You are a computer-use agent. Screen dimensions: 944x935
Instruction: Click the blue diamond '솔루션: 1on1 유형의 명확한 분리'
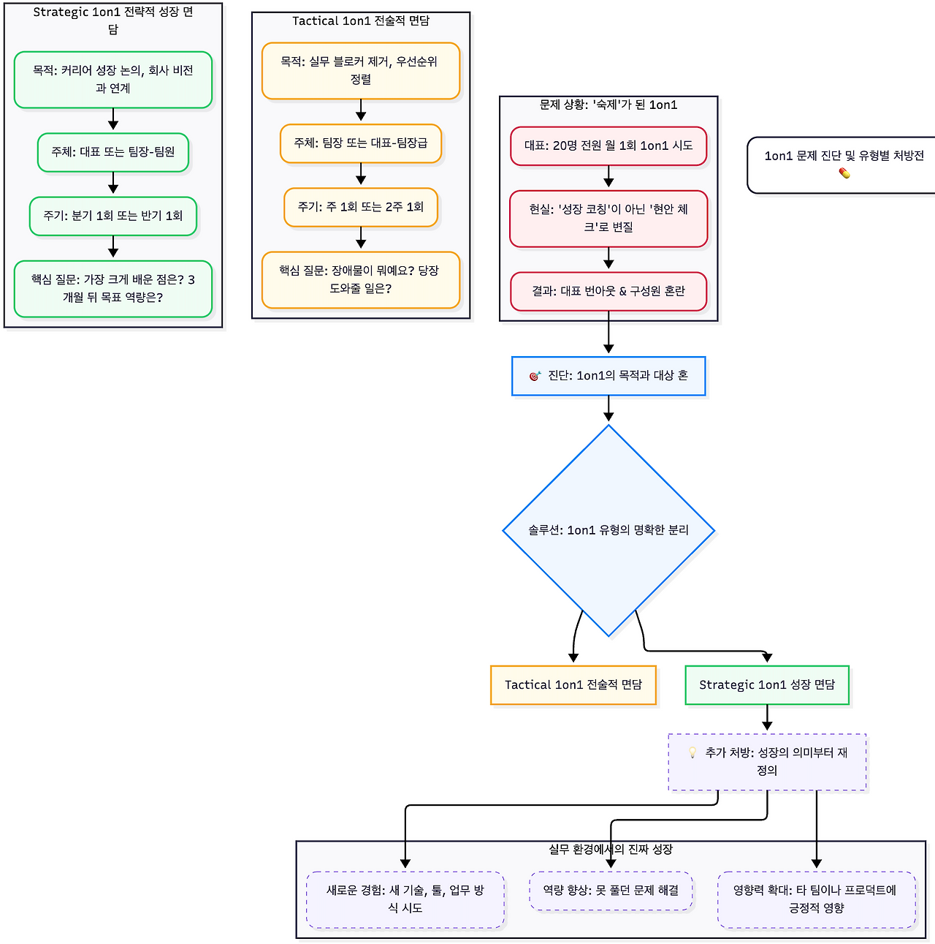coord(608,530)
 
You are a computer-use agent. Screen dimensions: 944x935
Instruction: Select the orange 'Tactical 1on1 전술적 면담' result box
coord(573,685)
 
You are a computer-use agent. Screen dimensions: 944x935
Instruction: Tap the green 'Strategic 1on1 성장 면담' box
coord(767,685)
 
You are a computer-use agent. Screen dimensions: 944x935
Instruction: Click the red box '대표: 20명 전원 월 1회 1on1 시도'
coord(608,146)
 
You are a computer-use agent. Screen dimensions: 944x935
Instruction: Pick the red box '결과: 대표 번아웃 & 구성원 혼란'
coord(608,291)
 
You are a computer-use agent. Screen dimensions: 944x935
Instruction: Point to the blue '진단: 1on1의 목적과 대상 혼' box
coord(608,376)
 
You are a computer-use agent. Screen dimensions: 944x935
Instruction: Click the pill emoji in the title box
coord(844,173)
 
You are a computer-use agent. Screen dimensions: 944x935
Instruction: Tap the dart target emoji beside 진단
coord(535,376)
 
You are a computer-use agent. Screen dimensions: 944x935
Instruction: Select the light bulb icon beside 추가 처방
coord(692,752)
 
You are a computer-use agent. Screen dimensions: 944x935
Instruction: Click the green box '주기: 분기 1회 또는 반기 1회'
coord(113,216)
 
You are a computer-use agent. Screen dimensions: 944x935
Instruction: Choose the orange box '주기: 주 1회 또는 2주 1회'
coord(361,207)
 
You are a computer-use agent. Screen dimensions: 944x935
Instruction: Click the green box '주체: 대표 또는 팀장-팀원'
coord(113,152)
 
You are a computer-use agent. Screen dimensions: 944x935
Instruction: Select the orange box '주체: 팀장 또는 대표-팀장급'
coord(361,143)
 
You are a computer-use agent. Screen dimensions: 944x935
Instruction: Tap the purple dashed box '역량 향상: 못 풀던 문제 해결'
coord(611,891)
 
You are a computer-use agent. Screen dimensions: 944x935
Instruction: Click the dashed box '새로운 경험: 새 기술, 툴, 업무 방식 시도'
coord(405,899)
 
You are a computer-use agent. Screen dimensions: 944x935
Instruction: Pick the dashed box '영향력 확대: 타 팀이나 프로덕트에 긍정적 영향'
coord(817,899)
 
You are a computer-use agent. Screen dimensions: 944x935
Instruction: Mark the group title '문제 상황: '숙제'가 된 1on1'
coord(608,105)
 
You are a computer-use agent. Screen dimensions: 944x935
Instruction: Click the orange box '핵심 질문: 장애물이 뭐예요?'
coord(361,279)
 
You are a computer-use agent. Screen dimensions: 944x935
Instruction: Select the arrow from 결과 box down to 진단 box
coord(608,333)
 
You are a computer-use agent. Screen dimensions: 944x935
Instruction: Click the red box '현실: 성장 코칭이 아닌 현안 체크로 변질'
coord(608,218)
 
